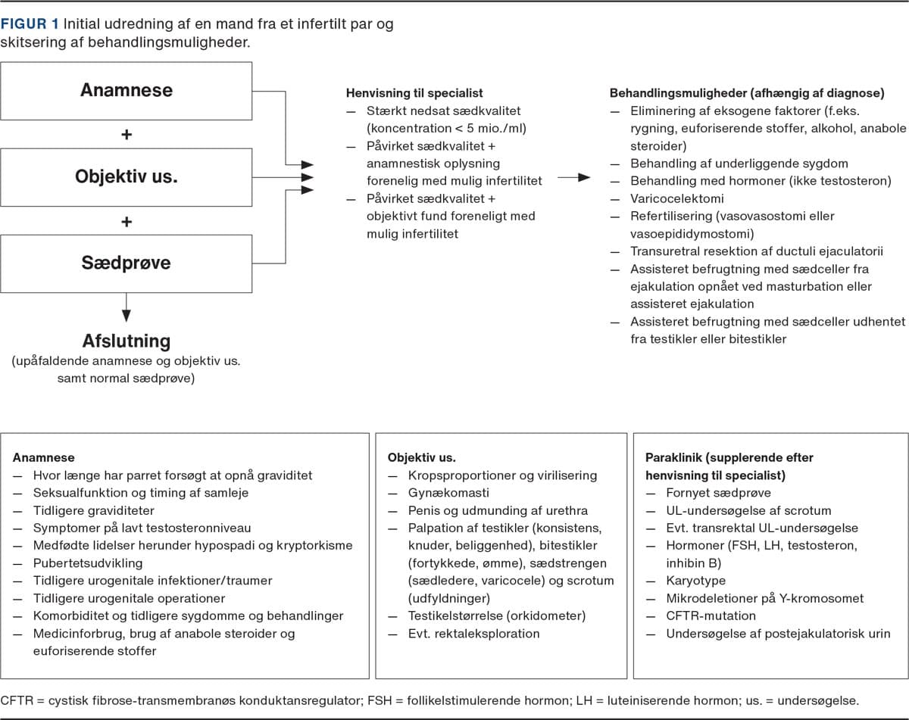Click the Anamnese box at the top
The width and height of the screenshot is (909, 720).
127,90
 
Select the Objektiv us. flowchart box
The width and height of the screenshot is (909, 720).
127,176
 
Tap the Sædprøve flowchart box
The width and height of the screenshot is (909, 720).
127,263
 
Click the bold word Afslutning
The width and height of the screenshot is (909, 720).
127,341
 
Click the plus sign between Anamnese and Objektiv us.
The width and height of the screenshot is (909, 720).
127,134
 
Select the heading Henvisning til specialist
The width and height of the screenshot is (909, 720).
414,93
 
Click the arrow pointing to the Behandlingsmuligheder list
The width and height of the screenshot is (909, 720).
574,177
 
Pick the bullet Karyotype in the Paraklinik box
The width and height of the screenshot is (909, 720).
695,580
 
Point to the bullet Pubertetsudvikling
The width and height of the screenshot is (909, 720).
87,563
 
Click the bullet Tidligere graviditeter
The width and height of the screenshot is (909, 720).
93,510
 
